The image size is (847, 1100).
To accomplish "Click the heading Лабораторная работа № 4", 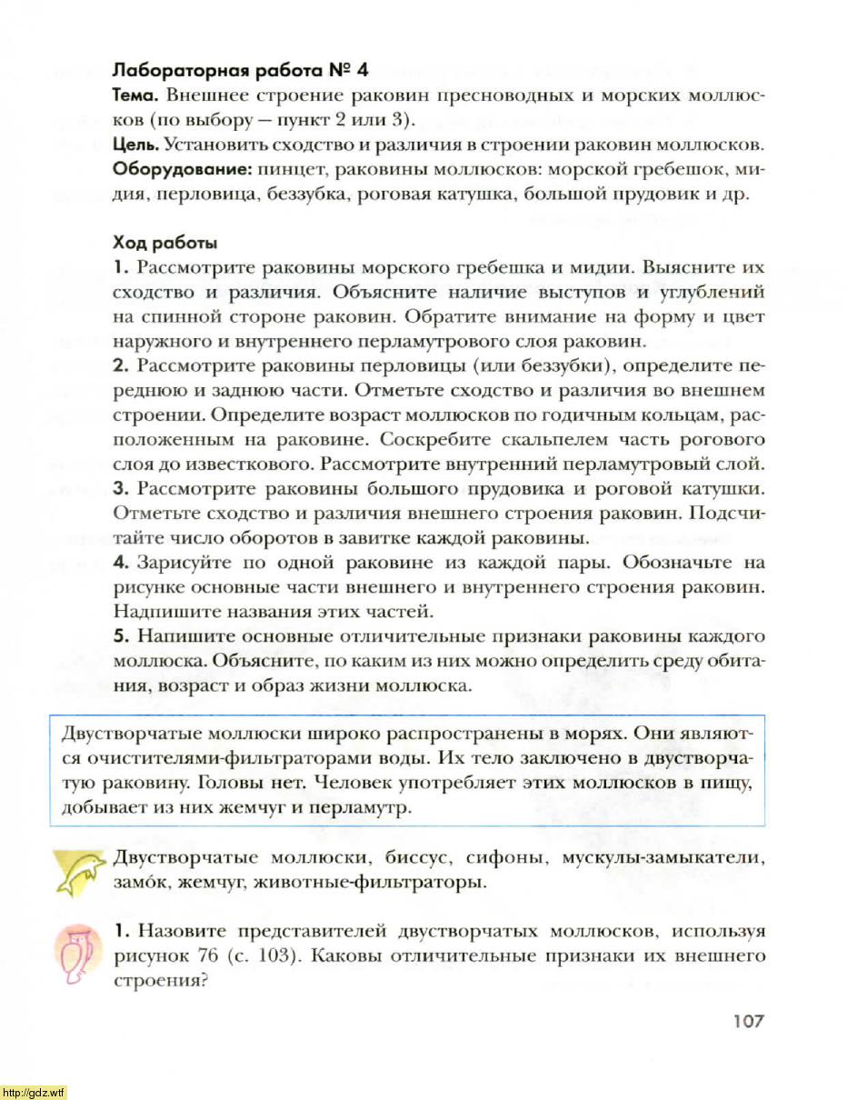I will [240, 70].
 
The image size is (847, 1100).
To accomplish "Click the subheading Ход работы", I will [164, 243].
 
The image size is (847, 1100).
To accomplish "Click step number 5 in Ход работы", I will [118, 635].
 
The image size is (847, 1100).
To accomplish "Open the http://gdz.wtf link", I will [34, 1092].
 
